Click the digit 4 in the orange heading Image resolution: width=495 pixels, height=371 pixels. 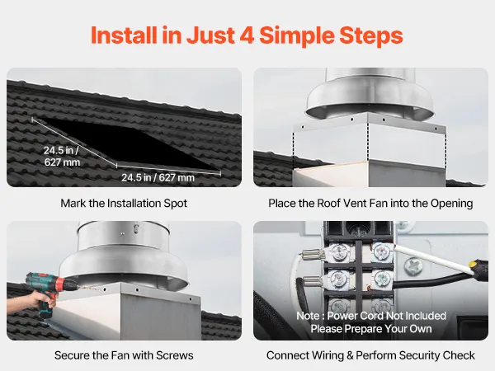click(x=247, y=35)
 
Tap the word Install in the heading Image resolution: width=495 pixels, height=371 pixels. click(x=124, y=35)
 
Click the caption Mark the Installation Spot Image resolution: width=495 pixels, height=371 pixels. click(x=124, y=203)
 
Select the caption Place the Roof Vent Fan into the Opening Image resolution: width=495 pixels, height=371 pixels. click(x=370, y=203)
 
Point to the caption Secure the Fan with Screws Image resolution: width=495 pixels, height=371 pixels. click(x=124, y=355)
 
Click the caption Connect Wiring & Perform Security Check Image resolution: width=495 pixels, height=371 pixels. click(x=370, y=355)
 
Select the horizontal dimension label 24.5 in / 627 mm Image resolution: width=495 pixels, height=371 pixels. click(x=158, y=177)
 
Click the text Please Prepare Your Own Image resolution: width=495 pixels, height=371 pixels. click(x=371, y=329)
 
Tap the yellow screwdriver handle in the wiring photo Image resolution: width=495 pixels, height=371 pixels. click(x=478, y=266)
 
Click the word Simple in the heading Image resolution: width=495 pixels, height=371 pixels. click(x=296, y=35)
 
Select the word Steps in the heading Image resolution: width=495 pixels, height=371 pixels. click(x=371, y=35)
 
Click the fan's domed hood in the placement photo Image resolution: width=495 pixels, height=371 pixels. click(x=370, y=98)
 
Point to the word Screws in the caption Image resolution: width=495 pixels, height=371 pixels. click(x=175, y=355)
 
